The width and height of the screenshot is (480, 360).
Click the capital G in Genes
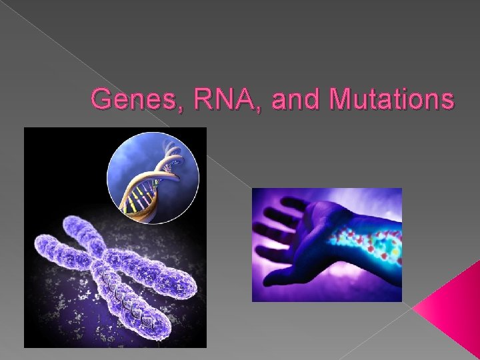(x=101, y=100)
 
